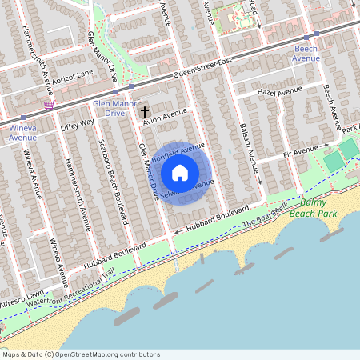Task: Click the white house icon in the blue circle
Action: [180, 173]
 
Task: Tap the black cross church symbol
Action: [145, 113]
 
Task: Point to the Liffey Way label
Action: [78, 124]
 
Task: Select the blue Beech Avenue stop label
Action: [306, 54]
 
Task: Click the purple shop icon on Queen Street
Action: [50, 104]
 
